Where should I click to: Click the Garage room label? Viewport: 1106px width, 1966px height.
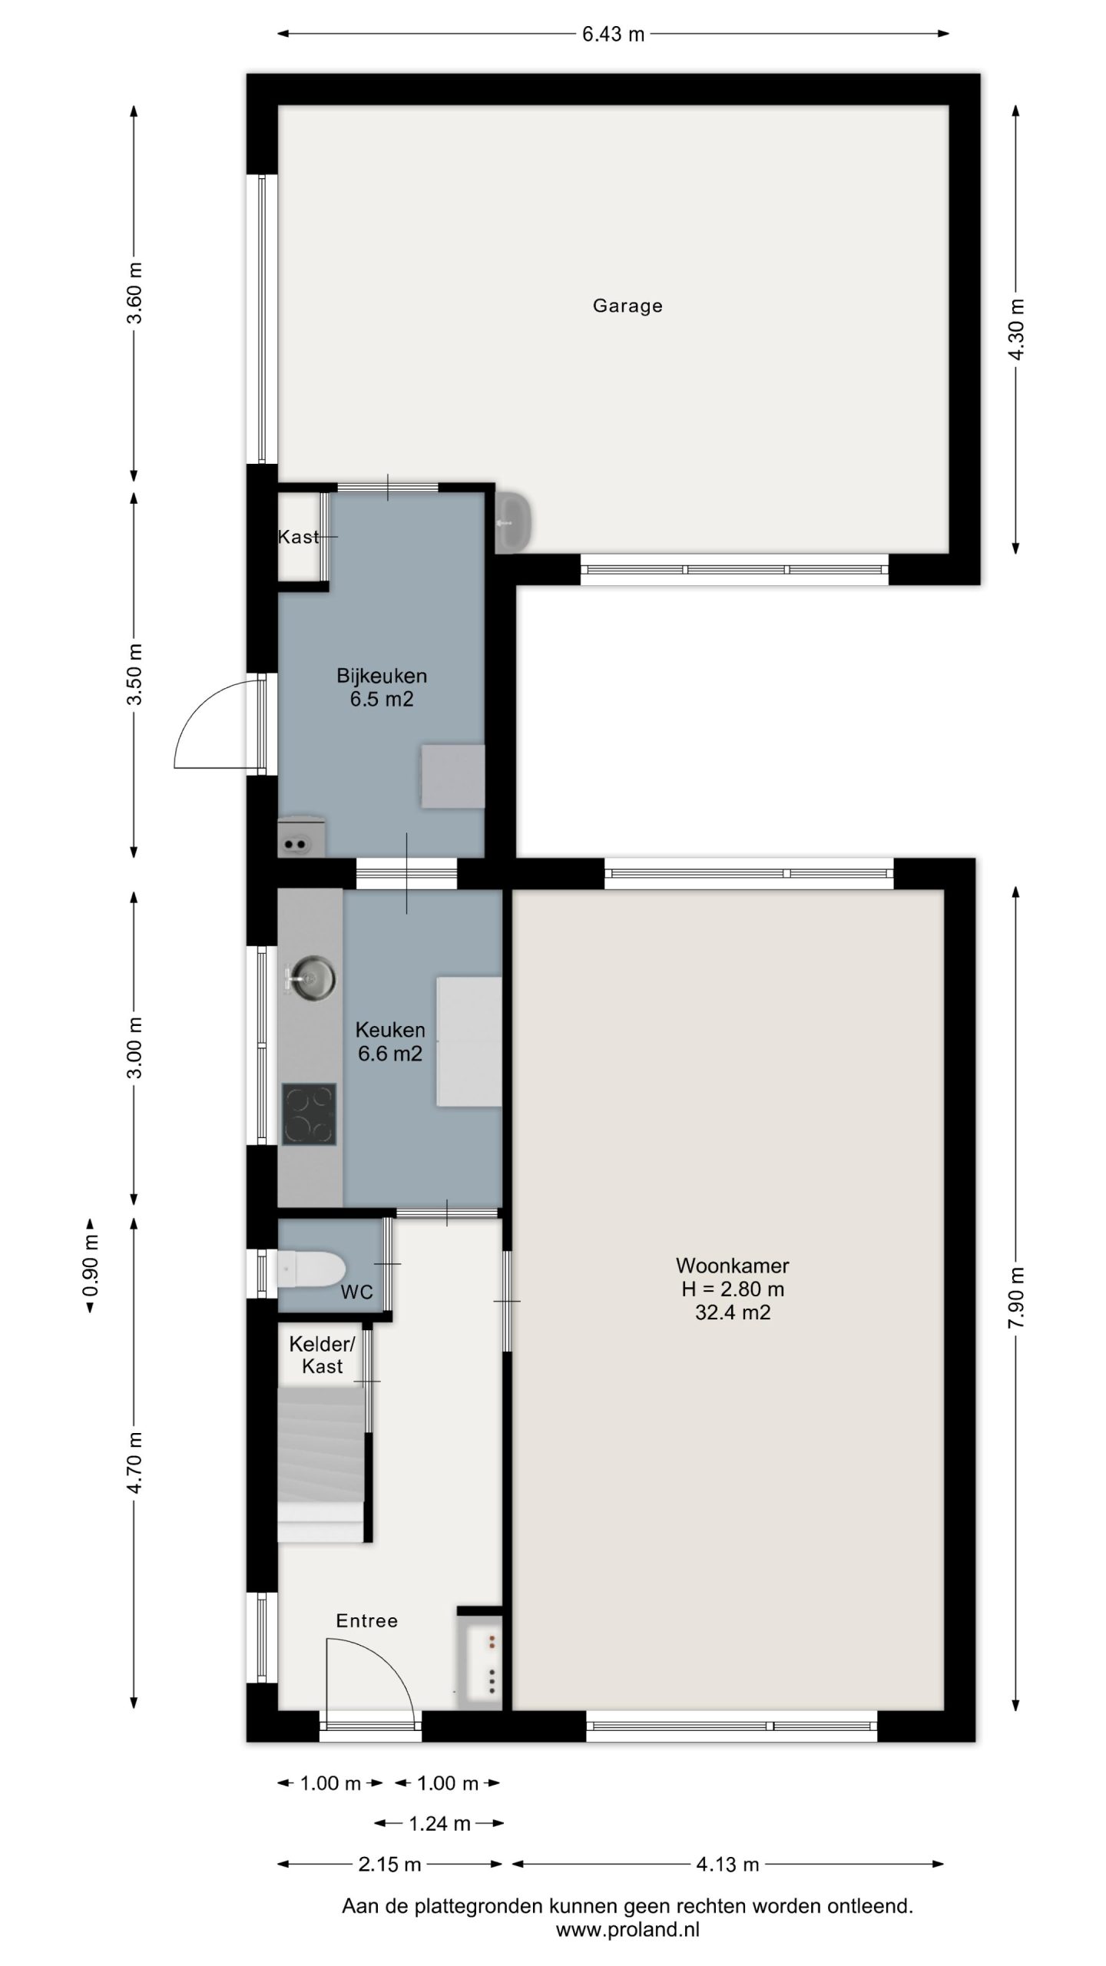(627, 306)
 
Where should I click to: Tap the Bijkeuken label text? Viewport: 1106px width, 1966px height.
(382, 676)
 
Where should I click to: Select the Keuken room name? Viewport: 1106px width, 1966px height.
(390, 1030)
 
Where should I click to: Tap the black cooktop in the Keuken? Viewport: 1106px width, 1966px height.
(309, 1114)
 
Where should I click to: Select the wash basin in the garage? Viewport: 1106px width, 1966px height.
(514, 522)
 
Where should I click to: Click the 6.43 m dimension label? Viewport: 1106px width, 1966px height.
(613, 34)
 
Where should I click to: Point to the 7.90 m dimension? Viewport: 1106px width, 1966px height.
(1016, 1298)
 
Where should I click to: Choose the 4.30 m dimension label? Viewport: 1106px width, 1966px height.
(1016, 329)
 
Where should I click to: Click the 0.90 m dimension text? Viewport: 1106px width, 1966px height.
(91, 1265)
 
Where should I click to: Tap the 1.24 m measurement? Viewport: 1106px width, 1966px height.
(439, 1824)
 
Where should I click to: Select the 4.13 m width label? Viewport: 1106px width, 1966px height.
(727, 1864)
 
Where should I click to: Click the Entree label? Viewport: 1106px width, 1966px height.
(367, 1621)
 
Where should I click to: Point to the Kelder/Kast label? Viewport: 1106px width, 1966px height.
(322, 1355)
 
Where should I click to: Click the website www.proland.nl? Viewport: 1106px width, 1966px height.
(628, 1930)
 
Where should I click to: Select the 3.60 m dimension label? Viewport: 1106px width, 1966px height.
(134, 293)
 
